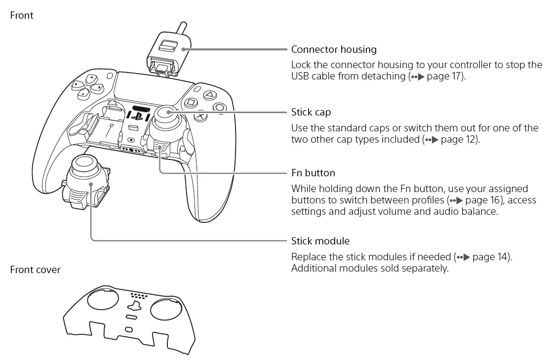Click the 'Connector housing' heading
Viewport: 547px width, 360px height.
click(334, 49)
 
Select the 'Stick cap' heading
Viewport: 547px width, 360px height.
click(311, 113)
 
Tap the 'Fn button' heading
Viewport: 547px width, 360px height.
click(313, 173)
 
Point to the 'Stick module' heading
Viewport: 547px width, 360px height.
click(320, 241)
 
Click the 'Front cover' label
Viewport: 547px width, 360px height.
click(35, 270)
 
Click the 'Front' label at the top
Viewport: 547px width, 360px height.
click(22, 15)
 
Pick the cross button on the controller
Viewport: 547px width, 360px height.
click(201, 117)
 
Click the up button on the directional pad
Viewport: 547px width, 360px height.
click(91, 78)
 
